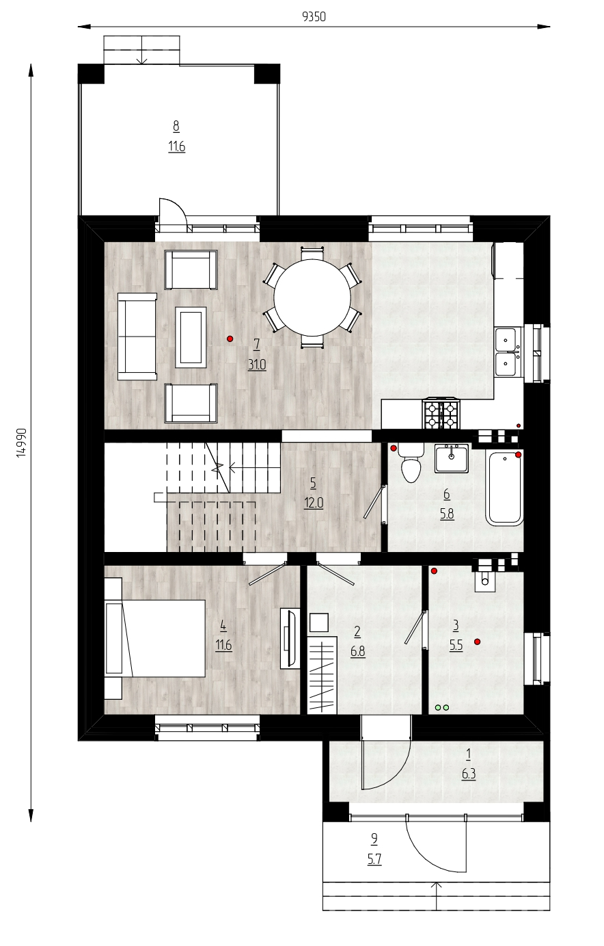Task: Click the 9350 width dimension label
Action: [x=314, y=16]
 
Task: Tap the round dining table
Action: [x=312, y=298]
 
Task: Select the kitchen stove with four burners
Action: [x=441, y=414]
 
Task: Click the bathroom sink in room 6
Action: [x=452, y=458]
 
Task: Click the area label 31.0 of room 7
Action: [x=257, y=365]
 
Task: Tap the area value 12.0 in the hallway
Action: [x=313, y=503]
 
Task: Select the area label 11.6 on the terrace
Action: [x=177, y=146]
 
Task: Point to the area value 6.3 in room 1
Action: [x=469, y=774]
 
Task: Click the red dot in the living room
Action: [x=230, y=339]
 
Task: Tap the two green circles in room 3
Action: [x=442, y=707]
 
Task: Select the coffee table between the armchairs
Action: [x=191, y=337]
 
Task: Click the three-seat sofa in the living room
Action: [x=137, y=337]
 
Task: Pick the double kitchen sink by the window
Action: [x=508, y=352]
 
